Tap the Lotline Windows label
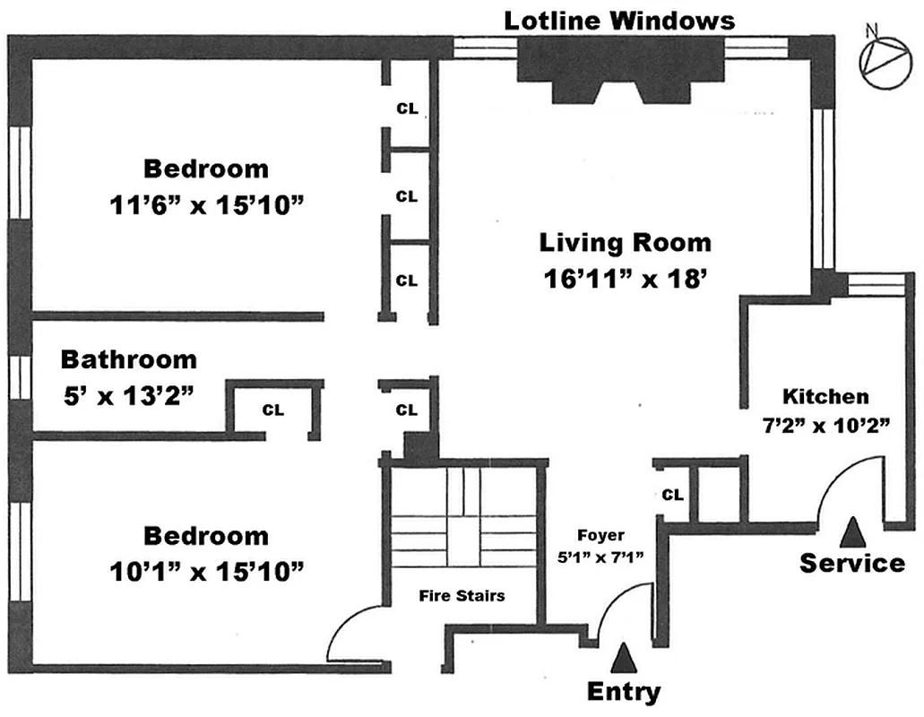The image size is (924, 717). tap(619, 21)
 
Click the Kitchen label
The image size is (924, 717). tap(825, 396)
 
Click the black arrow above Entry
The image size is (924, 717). tap(624, 659)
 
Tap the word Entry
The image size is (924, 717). tap(624, 692)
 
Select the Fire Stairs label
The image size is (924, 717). tap(463, 594)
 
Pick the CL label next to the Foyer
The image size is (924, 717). tap(674, 495)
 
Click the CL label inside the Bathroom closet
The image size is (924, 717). tap(272, 410)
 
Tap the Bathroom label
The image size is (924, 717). tap(128, 360)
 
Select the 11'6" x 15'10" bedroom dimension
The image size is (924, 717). tap(206, 205)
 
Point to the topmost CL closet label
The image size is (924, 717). tap(407, 109)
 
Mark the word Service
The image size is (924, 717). tap(851, 563)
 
